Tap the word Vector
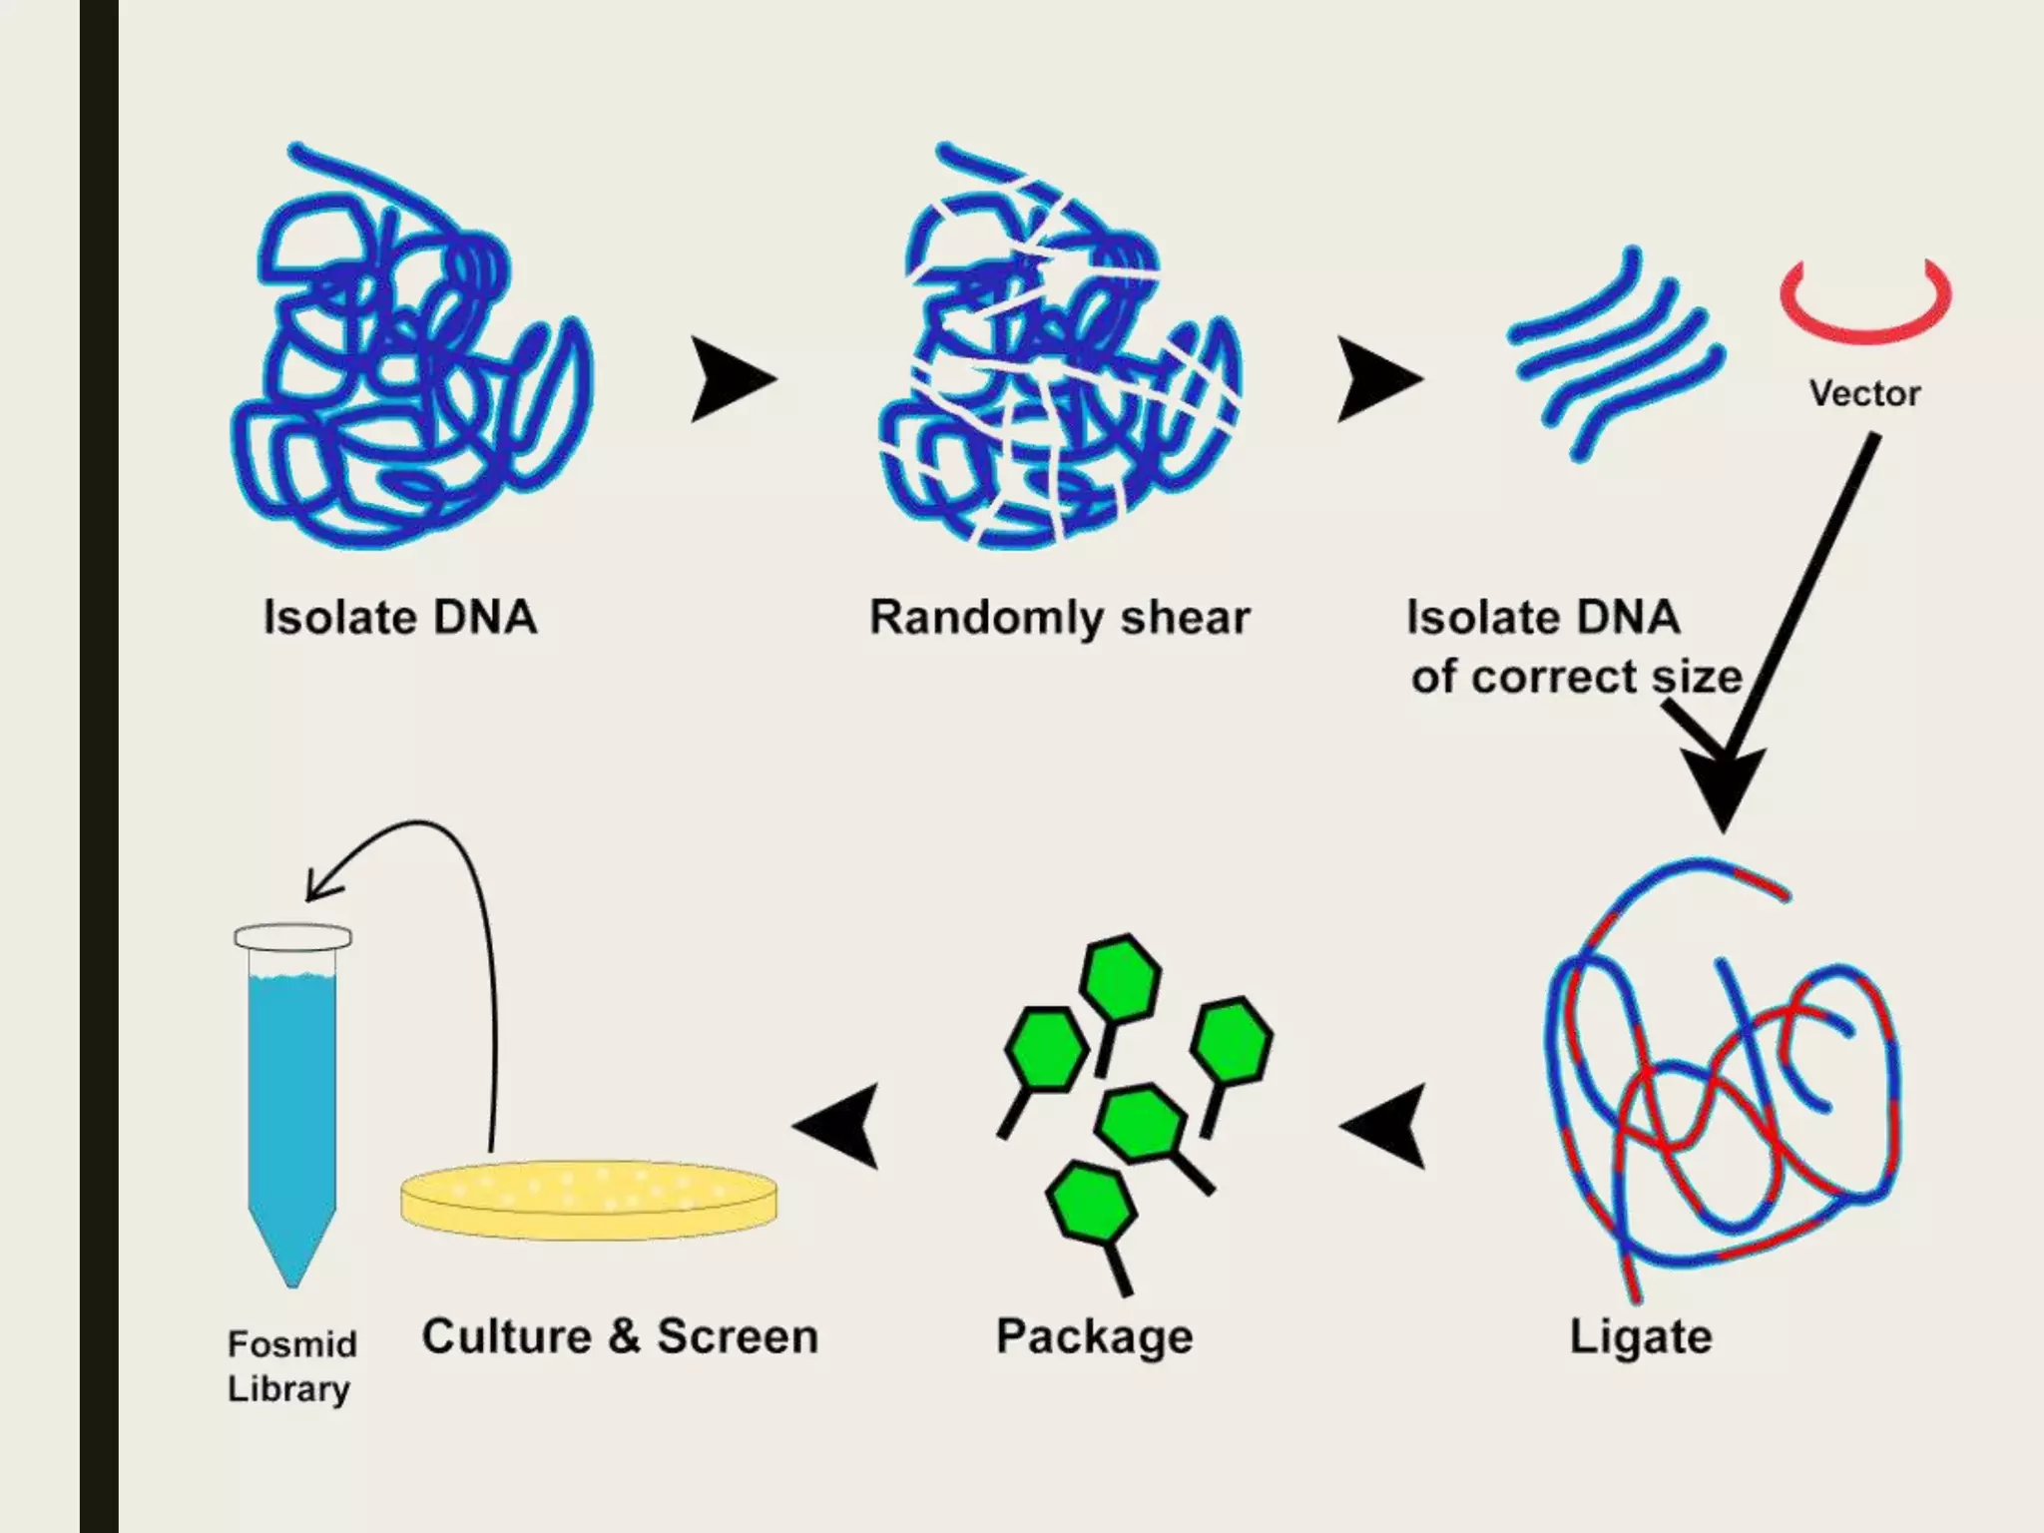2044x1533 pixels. point(1864,393)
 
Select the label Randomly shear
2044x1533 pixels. point(1059,618)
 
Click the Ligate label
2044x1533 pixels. point(1640,1337)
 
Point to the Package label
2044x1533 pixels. point(1094,1337)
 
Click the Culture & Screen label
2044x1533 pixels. point(620,1337)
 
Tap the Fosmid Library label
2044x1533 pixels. point(290,1366)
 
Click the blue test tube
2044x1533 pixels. point(292,1108)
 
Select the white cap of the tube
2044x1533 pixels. point(292,937)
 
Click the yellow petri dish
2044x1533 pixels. point(589,1198)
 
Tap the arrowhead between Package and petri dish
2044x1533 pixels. point(839,1126)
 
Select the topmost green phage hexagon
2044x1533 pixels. point(1122,977)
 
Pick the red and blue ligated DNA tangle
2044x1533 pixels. point(1722,1078)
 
